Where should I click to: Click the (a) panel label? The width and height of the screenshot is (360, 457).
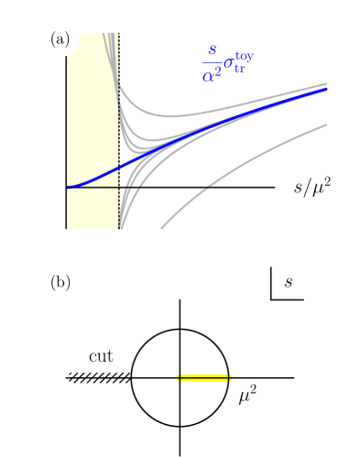(x=60, y=39)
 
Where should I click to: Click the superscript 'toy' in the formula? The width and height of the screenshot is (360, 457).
(x=244, y=57)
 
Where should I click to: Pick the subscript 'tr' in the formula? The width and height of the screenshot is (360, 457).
(x=239, y=70)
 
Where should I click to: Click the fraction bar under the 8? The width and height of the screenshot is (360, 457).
(x=212, y=62)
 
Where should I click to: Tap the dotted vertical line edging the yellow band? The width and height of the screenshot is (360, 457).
(x=119, y=137)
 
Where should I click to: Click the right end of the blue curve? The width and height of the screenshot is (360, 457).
(x=325, y=90)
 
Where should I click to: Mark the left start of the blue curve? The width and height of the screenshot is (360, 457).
(x=70, y=187)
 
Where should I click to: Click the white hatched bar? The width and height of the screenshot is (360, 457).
(x=99, y=377)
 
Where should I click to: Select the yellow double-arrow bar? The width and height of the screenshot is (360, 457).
(x=203, y=377)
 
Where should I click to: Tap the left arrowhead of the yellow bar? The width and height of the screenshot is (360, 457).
(x=178, y=377)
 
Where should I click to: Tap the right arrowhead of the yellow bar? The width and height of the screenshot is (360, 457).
(x=231, y=377)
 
